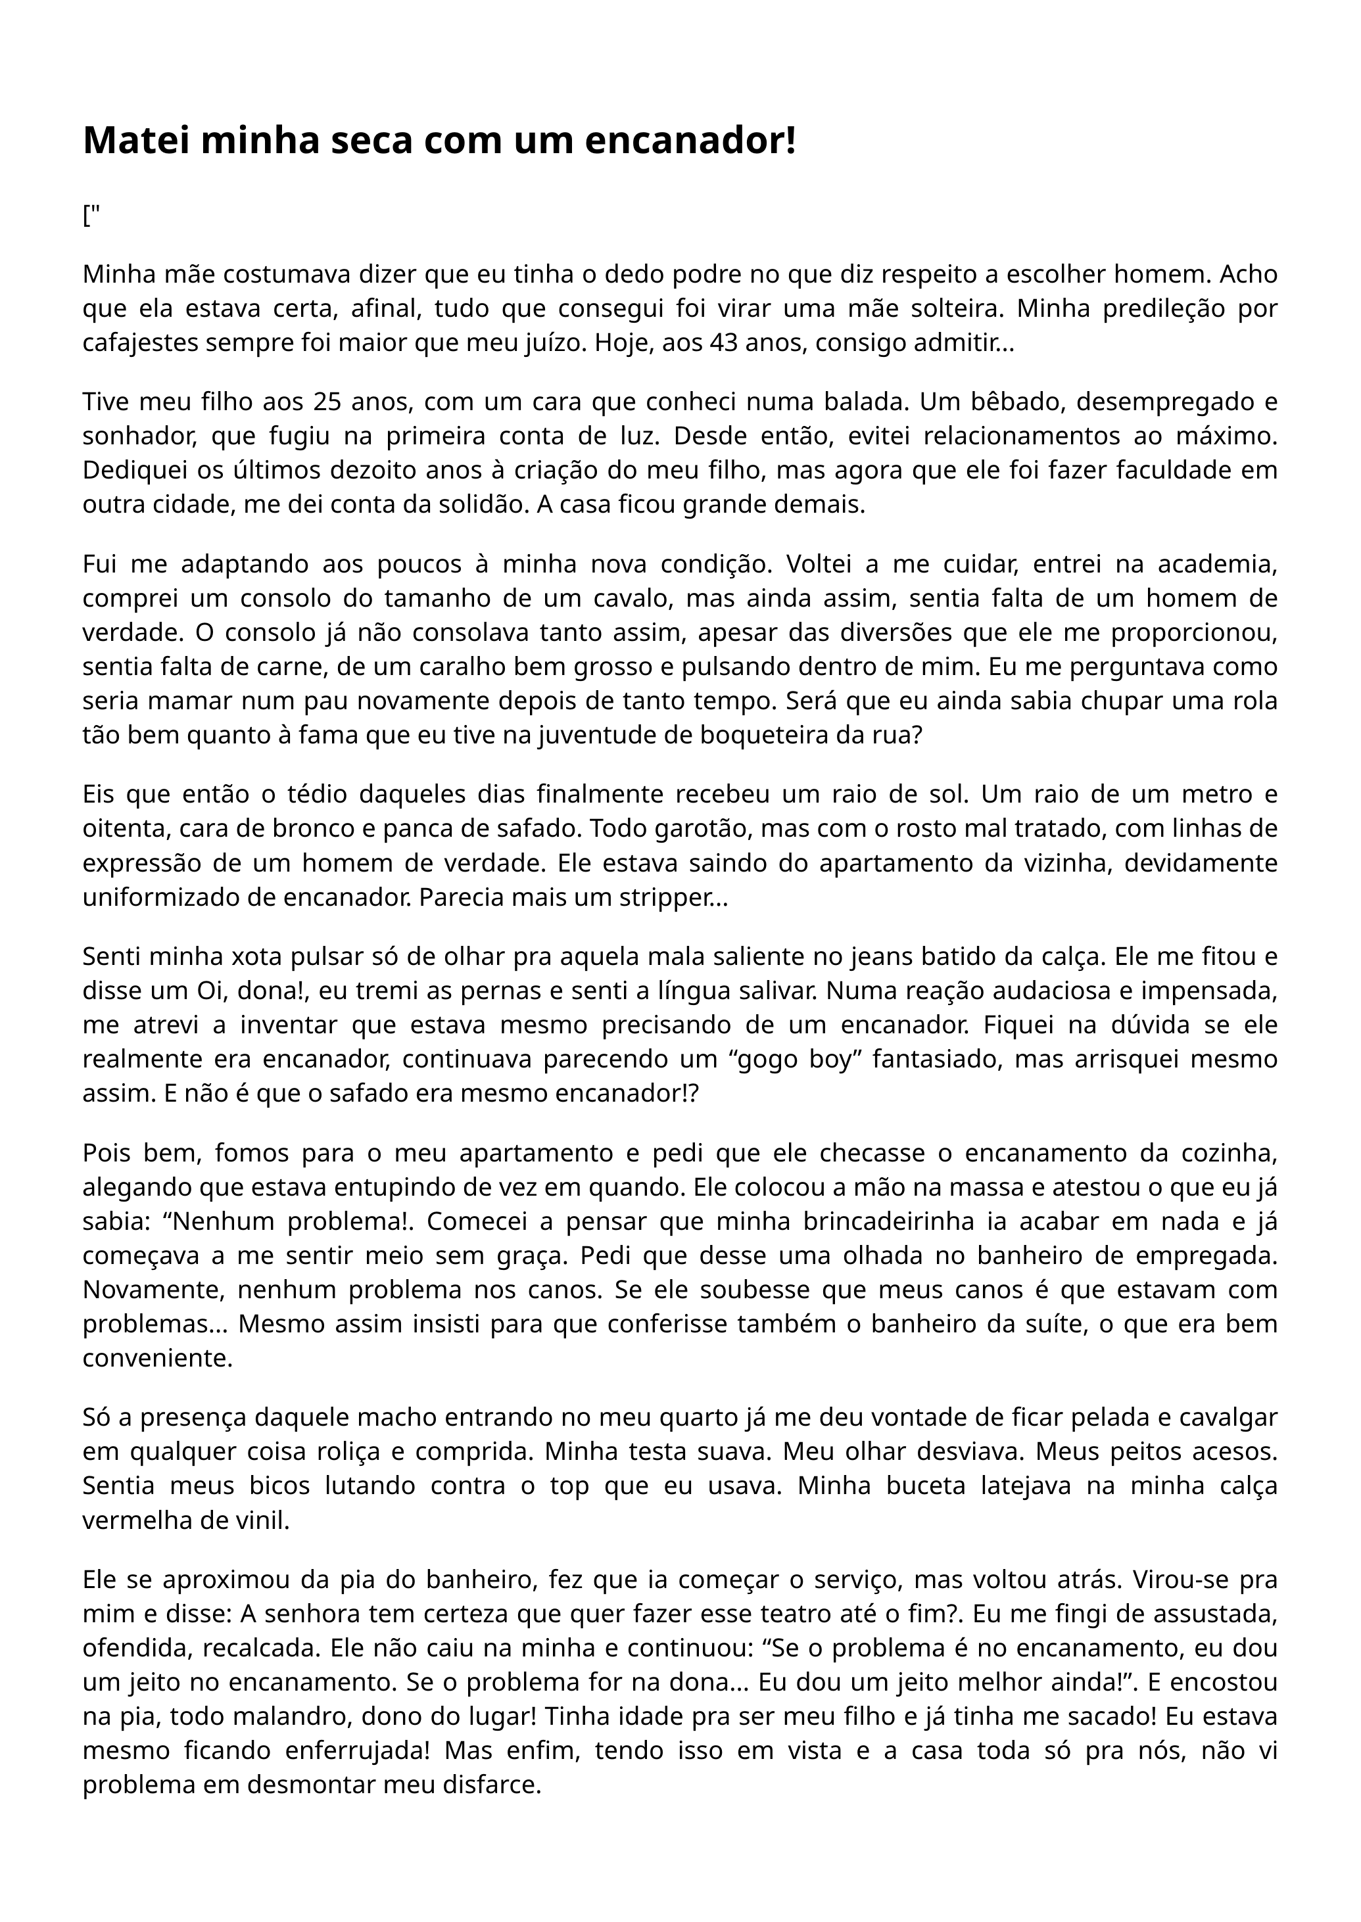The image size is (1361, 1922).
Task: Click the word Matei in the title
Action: point(137,141)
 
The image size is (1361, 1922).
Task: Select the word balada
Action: point(872,402)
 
